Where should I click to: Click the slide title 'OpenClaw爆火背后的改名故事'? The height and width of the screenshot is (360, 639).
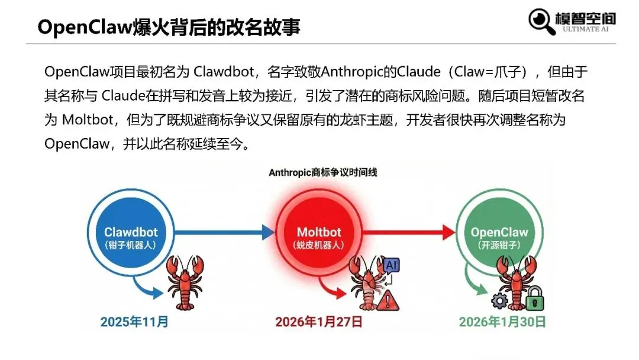pyautogui.click(x=169, y=27)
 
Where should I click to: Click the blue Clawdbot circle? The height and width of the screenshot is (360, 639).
pyautogui.click(x=131, y=233)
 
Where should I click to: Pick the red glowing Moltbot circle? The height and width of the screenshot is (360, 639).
pyautogui.click(x=319, y=233)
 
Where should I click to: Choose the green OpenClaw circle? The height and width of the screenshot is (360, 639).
pyautogui.click(x=498, y=233)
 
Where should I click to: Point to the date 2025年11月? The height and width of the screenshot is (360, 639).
pyautogui.click(x=134, y=322)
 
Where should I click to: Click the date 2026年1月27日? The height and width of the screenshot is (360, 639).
pyautogui.click(x=318, y=322)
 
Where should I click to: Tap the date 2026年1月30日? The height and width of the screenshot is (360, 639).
pyautogui.click(x=502, y=322)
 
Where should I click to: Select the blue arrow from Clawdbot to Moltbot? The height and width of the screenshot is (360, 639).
pyautogui.click(x=225, y=233)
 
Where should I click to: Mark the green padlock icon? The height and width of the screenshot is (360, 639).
pyautogui.click(x=535, y=298)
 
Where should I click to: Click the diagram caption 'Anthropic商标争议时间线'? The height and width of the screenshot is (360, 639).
pyautogui.click(x=323, y=173)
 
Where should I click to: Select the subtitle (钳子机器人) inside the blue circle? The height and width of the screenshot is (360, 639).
pyautogui.click(x=131, y=245)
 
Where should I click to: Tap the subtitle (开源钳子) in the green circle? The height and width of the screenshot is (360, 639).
pyautogui.click(x=498, y=245)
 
